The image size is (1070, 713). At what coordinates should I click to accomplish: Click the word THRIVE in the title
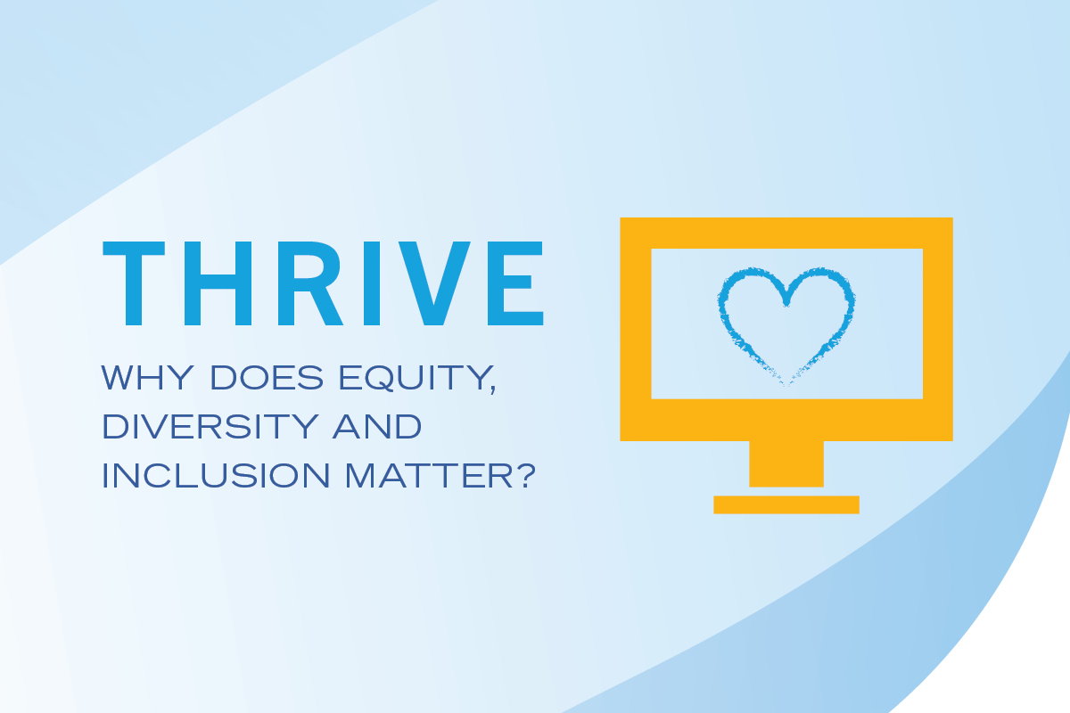[323, 283]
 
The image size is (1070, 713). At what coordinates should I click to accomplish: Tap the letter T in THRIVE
[134, 283]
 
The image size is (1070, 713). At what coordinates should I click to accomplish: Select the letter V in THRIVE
[434, 283]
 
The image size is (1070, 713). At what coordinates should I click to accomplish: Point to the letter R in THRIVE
[310, 283]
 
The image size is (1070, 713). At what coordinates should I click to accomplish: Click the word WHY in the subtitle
[148, 377]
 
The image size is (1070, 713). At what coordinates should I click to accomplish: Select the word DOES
[267, 377]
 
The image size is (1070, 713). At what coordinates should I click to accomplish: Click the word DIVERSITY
[210, 426]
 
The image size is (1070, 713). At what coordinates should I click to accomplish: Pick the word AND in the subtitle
[377, 426]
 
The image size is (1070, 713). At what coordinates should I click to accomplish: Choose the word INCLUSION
[216, 475]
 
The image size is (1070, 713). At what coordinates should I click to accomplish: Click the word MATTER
[430, 475]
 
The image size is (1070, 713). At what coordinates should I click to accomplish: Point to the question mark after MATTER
[527, 475]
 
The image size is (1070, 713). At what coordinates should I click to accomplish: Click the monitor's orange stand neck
[786, 463]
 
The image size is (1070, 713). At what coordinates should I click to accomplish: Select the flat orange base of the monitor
[786, 504]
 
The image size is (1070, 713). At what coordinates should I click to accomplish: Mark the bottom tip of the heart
[786, 385]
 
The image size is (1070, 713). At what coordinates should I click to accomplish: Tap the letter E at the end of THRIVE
[515, 283]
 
